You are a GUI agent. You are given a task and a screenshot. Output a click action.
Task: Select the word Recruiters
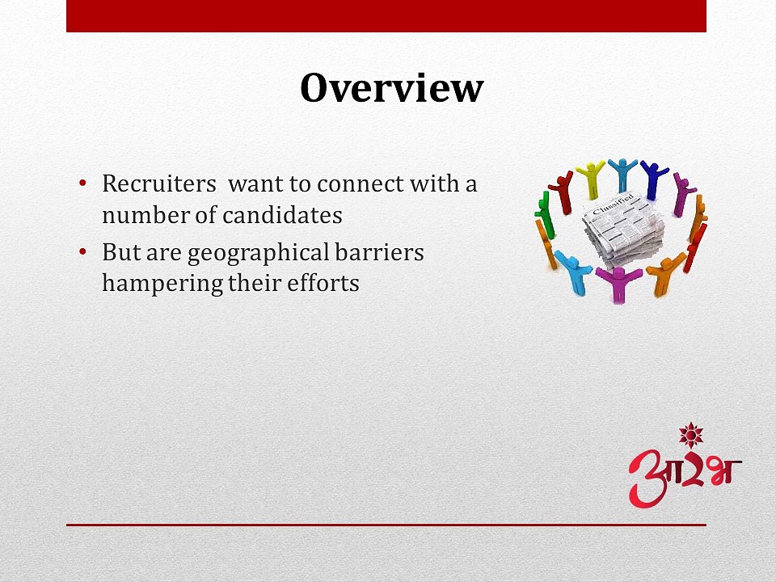[x=158, y=183]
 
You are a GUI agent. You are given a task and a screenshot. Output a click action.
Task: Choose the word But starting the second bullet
[x=118, y=252]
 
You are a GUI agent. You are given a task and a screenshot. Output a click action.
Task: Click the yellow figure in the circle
[x=591, y=179]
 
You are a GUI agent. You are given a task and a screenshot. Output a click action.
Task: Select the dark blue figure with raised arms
[x=652, y=179]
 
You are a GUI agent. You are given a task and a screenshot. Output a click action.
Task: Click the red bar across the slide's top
[x=386, y=16]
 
